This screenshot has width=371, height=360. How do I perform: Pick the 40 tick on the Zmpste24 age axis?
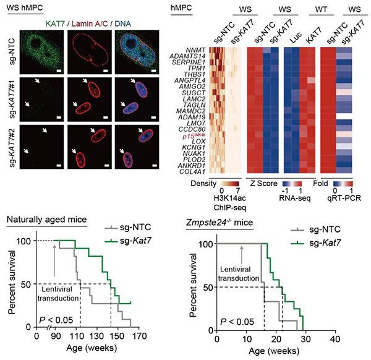click(335, 340)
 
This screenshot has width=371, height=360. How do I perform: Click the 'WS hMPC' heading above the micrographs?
click(23, 7)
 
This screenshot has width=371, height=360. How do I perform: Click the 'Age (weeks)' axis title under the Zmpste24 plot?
click(275, 353)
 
